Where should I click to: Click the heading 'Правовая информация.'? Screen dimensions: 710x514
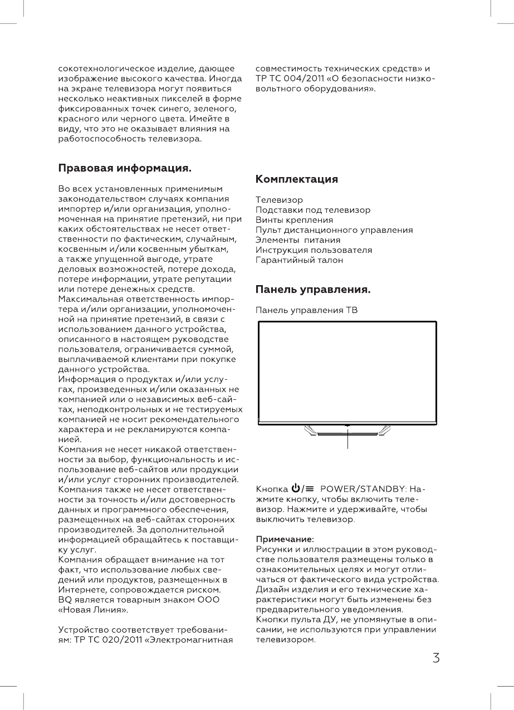click(x=125, y=168)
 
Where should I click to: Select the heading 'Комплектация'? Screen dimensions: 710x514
click(x=296, y=179)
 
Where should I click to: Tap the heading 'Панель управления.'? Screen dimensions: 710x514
click(x=313, y=290)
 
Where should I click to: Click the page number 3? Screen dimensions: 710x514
click(x=436, y=658)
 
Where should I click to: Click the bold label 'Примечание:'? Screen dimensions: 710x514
click(x=285, y=539)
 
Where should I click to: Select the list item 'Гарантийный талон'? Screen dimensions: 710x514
click(x=299, y=260)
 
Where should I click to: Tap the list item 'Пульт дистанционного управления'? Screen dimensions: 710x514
click(x=334, y=230)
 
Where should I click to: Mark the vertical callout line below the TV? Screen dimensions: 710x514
click(x=347, y=439)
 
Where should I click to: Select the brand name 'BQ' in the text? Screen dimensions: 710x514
click(x=65, y=599)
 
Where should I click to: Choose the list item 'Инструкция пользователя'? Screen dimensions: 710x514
click(x=314, y=250)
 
